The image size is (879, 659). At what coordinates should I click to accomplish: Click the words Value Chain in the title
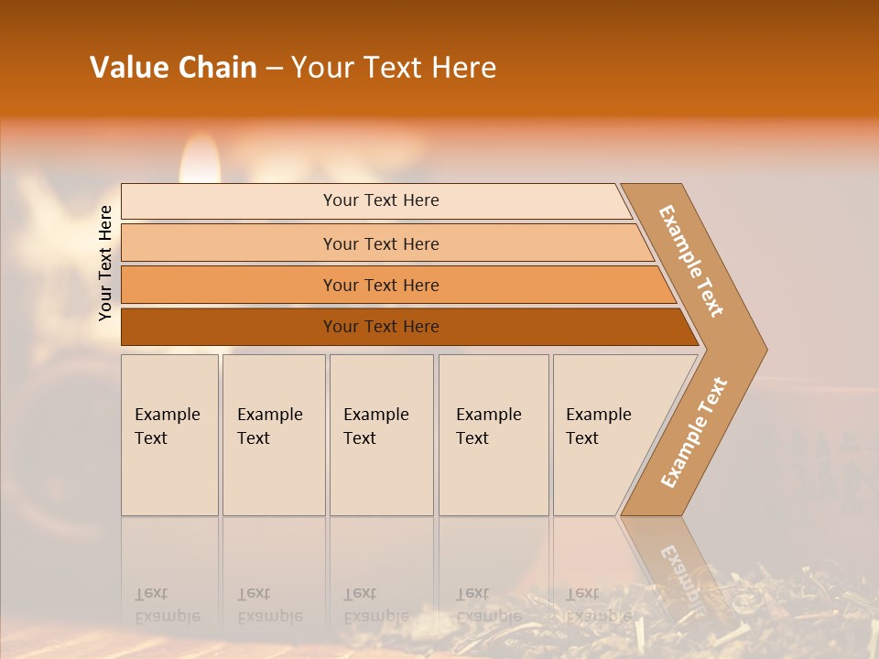pos(173,68)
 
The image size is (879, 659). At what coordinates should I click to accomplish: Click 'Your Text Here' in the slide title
pos(394,68)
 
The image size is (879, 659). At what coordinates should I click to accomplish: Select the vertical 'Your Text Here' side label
pos(105,263)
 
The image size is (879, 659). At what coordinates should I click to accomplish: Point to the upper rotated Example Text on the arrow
pos(691,261)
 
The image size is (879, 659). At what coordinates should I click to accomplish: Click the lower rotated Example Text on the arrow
pos(693,433)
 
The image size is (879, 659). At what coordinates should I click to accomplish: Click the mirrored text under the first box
pos(167,605)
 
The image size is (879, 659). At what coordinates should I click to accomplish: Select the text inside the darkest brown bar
pos(381,327)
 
